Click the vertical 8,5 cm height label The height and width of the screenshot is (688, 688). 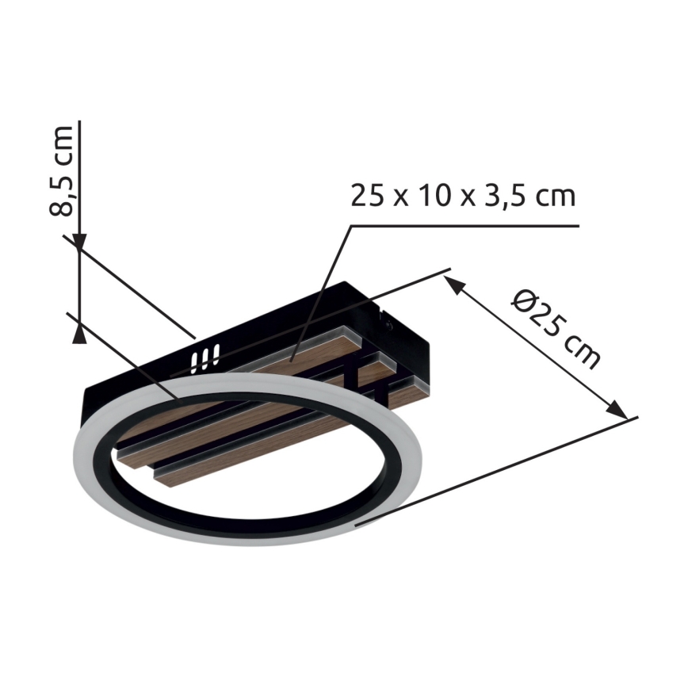point(63,170)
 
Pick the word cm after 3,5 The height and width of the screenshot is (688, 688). point(553,196)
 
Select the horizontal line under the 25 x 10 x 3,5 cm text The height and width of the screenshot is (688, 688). point(468,226)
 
